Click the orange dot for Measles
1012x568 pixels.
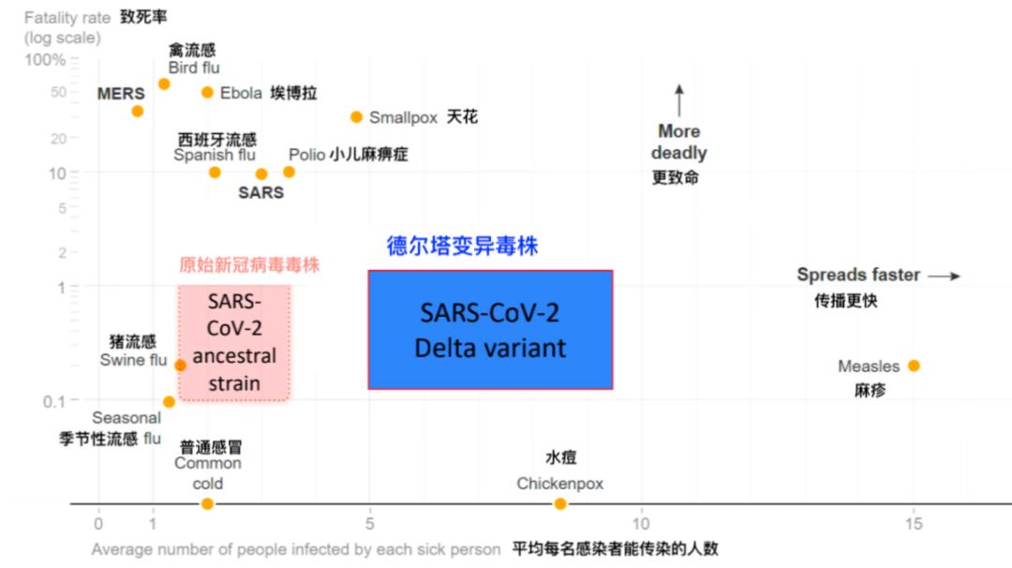(x=914, y=366)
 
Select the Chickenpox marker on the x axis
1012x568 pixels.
(x=560, y=504)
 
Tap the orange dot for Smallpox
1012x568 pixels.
(x=356, y=117)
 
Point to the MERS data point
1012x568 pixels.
(x=137, y=111)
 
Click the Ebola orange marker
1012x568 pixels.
(x=207, y=92)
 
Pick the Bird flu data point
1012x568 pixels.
(x=163, y=83)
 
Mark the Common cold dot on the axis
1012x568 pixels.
(x=207, y=504)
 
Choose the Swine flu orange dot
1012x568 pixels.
(x=180, y=365)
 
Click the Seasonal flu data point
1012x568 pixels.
(x=169, y=401)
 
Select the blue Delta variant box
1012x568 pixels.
(x=490, y=329)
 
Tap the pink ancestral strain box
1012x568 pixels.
(x=234, y=343)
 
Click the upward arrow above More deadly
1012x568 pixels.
(x=679, y=100)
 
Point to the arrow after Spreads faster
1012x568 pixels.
(x=945, y=276)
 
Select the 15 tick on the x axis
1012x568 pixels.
(x=913, y=523)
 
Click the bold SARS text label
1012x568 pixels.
(x=260, y=193)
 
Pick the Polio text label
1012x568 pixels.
(x=306, y=155)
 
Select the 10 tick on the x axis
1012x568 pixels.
(x=641, y=523)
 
